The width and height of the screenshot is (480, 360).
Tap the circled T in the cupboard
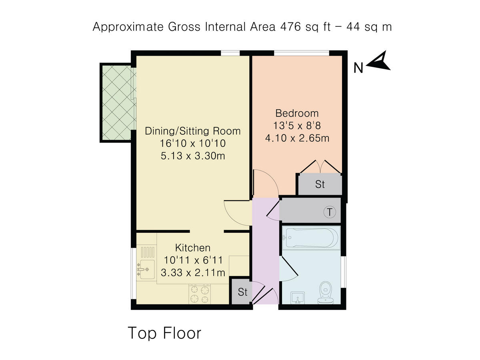point(330,212)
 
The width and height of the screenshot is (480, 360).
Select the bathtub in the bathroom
point(311,238)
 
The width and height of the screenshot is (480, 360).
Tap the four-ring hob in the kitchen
point(200,294)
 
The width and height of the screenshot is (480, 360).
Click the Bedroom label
point(296,113)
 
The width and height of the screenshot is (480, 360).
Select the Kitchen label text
point(193,248)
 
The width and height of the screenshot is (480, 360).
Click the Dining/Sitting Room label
point(193,131)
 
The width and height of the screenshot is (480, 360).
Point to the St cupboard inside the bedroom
point(320,184)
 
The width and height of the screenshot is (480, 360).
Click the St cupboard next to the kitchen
point(242,292)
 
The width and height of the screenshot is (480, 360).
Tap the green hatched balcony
point(117,102)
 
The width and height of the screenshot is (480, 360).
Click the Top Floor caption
point(164,333)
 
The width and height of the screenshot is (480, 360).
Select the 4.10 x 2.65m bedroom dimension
point(296,138)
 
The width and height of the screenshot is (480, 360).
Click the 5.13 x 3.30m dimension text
point(193,156)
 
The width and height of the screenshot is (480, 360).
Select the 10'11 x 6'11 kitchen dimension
point(193,260)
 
